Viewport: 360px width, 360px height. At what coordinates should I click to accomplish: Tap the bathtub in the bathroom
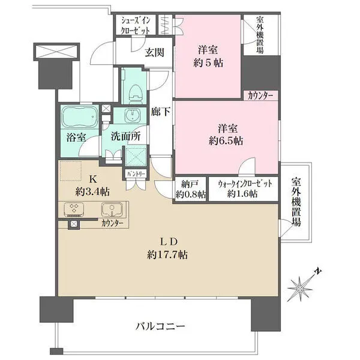click(x=79, y=116)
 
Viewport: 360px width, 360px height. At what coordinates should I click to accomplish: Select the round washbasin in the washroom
click(x=133, y=114)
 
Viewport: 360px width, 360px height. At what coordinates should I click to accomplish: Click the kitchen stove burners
click(x=74, y=209)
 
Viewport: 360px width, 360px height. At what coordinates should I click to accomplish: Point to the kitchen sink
click(x=112, y=209)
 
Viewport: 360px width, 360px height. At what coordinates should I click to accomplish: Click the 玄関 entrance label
click(x=155, y=53)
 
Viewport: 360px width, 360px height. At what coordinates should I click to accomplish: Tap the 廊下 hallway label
click(x=160, y=112)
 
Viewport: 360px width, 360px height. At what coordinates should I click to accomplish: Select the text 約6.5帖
click(x=226, y=141)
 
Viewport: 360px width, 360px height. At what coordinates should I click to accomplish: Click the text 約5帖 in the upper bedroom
click(x=208, y=62)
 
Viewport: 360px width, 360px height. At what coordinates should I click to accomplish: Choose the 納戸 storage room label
click(x=190, y=184)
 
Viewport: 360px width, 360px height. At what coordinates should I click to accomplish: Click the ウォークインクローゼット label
click(x=245, y=184)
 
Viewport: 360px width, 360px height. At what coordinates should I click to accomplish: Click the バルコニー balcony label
click(x=160, y=326)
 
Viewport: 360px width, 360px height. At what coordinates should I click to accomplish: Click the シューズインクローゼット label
click(x=136, y=25)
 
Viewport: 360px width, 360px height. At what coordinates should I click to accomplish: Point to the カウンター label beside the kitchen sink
click(x=112, y=223)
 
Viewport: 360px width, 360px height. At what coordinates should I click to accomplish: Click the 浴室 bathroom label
click(x=76, y=138)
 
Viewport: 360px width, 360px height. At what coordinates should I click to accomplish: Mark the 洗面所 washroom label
click(x=125, y=137)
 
